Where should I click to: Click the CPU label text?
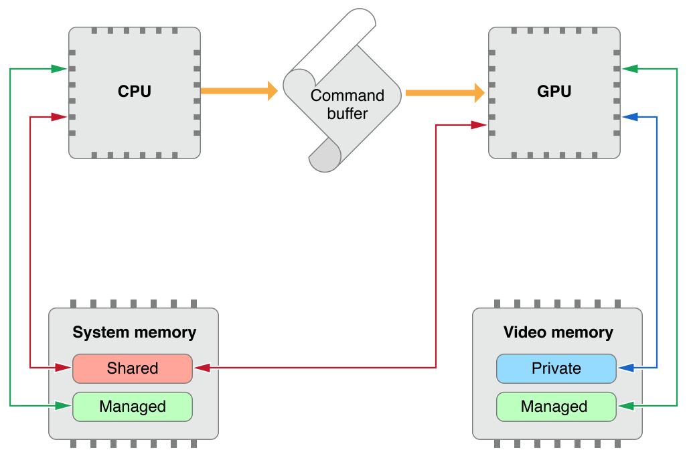[135, 92]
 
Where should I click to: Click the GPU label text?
[554, 92]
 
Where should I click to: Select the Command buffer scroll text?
[348, 104]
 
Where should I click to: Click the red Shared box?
[133, 368]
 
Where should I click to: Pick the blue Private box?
[556, 368]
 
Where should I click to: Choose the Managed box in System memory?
[133, 407]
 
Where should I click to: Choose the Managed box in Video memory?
[556, 407]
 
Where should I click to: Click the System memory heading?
[134, 332]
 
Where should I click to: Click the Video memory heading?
[558, 332]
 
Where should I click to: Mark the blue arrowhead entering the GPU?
[629, 117]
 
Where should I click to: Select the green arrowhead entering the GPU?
[629, 68]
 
